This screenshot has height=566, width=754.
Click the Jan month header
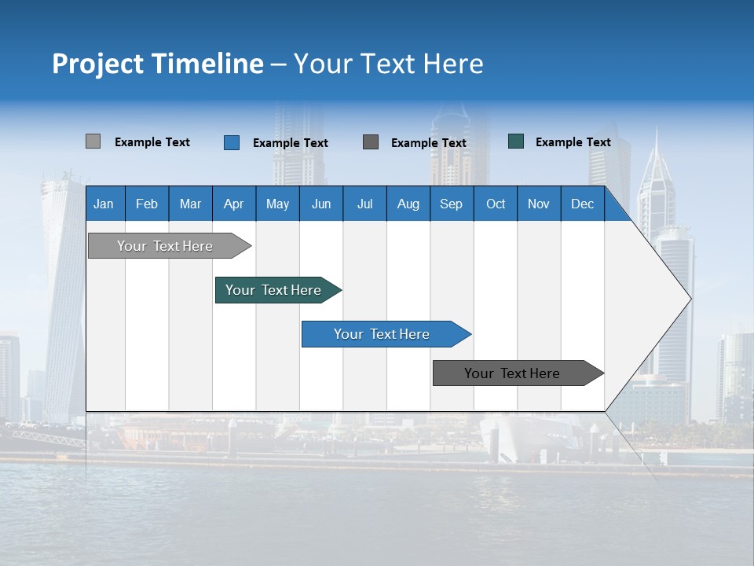(x=104, y=204)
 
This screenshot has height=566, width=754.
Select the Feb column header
(x=147, y=204)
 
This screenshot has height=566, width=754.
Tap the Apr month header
(x=233, y=204)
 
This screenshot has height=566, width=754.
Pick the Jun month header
(x=321, y=204)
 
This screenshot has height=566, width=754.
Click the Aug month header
(x=408, y=204)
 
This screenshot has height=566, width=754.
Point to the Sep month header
(x=451, y=204)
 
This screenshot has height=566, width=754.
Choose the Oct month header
(x=496, y=204)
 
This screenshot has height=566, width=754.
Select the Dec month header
(x=582, y=204)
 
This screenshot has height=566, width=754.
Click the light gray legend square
(x=93, y=141)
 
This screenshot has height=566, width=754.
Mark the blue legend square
(x=232, y=142)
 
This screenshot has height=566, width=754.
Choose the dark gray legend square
(x=371, y=141)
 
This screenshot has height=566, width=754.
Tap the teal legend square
(x=516, y=141)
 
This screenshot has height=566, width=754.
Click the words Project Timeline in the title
(x=158, y=64)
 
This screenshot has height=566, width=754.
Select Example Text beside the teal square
(x=573, y=142)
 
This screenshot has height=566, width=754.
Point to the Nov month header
(x=539, y=204)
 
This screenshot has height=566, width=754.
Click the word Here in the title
(x=453, y=64)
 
